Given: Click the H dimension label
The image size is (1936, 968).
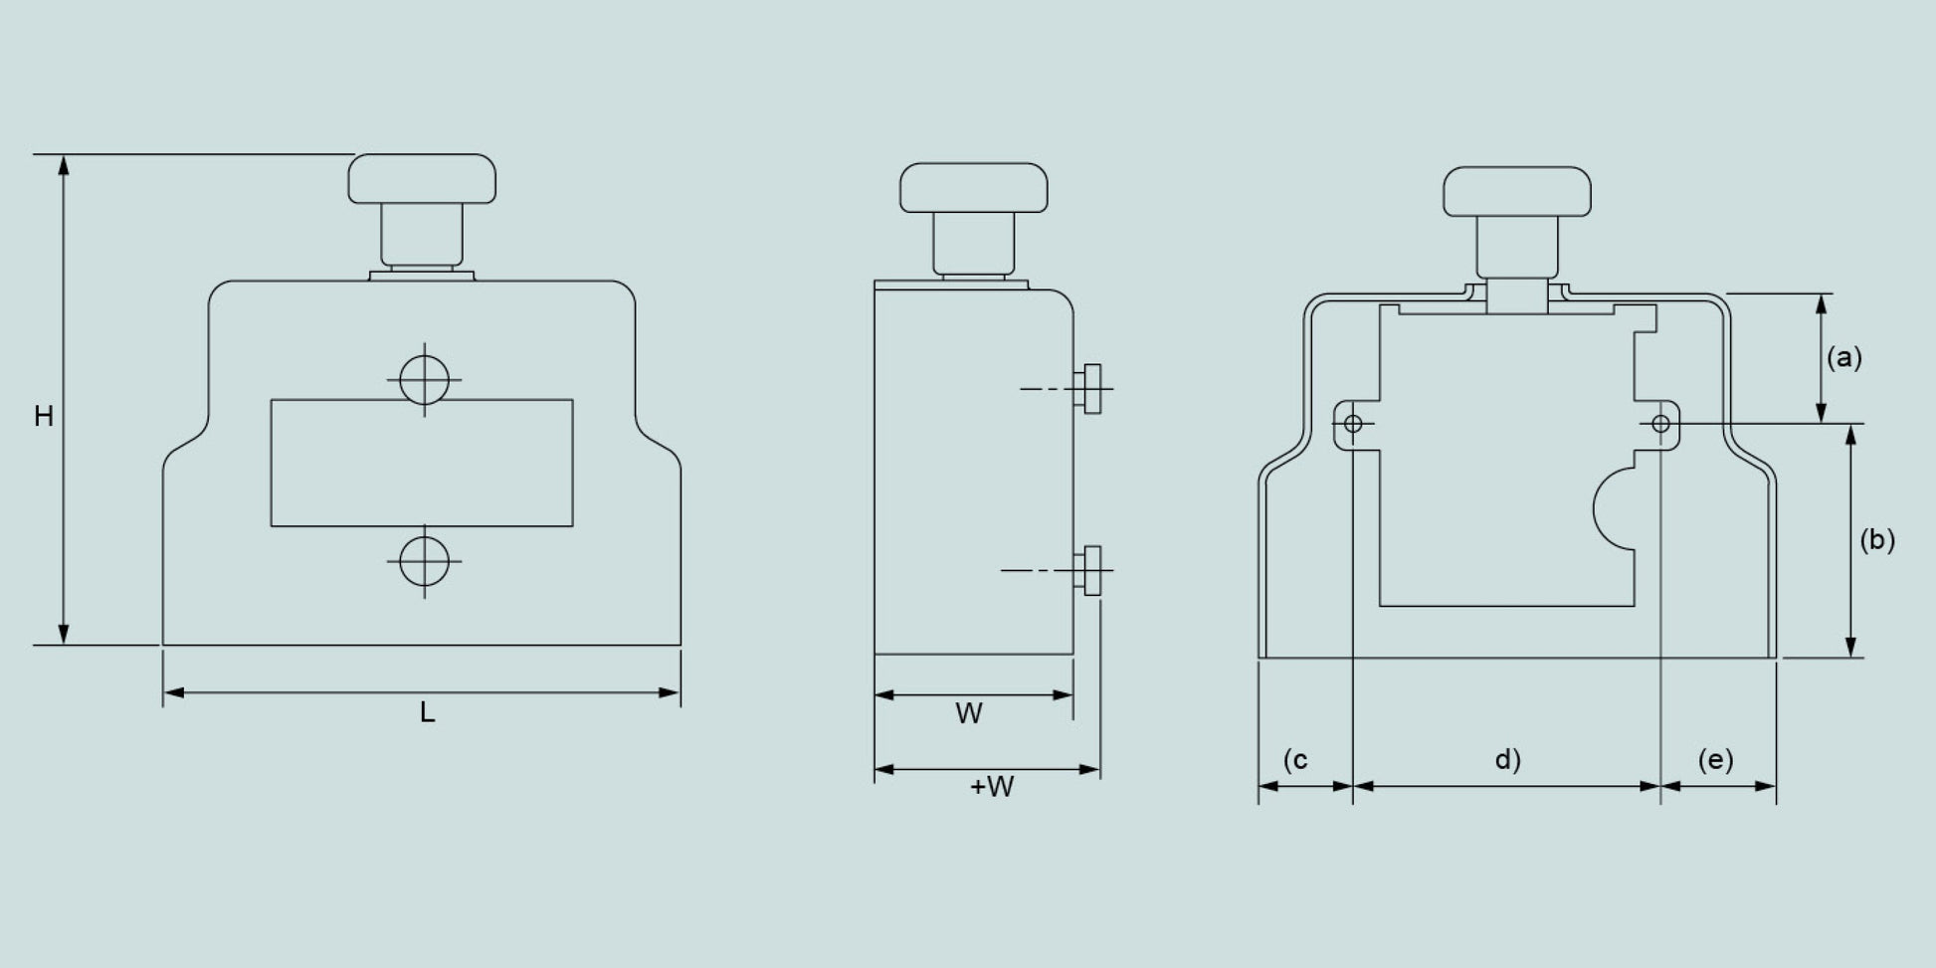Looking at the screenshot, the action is (x=44, y=416).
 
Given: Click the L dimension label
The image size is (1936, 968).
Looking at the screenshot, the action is (x=427, y=712).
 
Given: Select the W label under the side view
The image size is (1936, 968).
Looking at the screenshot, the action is (x=969, y=713).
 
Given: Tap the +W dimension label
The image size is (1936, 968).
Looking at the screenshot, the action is (x=992, y=787).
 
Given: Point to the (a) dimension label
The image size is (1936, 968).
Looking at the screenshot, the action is (x=1843, y=357).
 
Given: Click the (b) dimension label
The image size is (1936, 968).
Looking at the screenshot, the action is (x=1877, y=539).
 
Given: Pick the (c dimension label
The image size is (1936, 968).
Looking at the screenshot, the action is (x=1295, y=760).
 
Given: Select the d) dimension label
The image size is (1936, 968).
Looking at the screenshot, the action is (x=1508, y=760).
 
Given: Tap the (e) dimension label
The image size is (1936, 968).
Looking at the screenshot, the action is (x=1715, y=760).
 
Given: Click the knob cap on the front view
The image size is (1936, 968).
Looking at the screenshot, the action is (x=422, y=179).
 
